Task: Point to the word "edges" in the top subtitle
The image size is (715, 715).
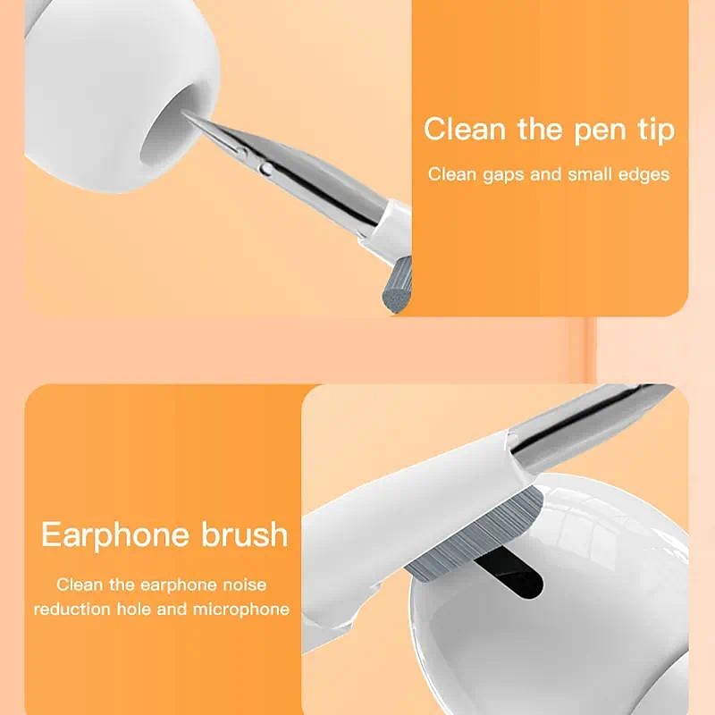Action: [640, 174]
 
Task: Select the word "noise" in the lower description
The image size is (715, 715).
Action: [243, 585]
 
